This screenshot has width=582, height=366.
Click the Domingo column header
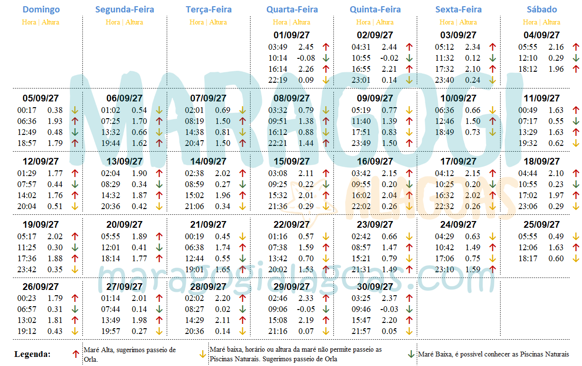[x=41, y=10]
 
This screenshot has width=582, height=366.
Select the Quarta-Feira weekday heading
[x=292, y=10]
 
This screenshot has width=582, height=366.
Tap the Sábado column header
[x=542, y=10]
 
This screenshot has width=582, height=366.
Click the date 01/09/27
[x=292, y=35]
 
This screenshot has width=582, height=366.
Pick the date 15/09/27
[x=292, y=161]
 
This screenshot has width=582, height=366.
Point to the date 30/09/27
[x=375, y=287]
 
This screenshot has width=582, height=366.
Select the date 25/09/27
[x=542, y=224]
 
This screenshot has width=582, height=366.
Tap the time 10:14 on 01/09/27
[x=277, y=58]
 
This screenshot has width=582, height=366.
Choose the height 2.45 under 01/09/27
[x=306, y=47]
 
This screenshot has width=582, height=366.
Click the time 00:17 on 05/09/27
[x=27, y=110]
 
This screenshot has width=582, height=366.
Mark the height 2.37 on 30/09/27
[x=389, y=299]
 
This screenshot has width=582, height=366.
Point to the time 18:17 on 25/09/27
[x=527, y=258]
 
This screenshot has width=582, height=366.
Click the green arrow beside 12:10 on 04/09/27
[x=576, y=58]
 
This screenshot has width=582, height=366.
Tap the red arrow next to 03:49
[x=326, y=47]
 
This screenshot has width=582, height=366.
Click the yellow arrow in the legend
[x=203, y=355]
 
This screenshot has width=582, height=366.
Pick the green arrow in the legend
[x=411, y=355]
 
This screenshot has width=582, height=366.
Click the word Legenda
[x=33, y=355]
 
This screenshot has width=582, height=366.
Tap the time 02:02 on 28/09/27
[x=194, y=299]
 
